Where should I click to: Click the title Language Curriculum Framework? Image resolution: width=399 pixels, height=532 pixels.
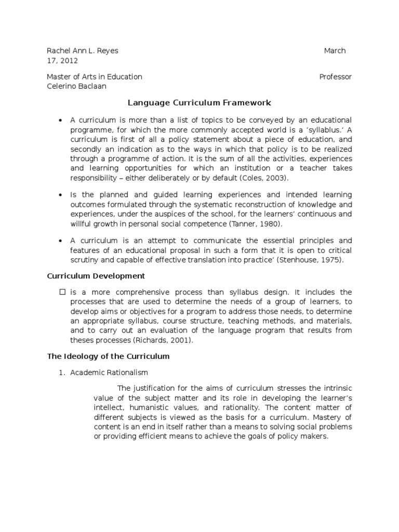point(199,103)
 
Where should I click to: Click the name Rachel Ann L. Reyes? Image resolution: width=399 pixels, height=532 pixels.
point(83,50)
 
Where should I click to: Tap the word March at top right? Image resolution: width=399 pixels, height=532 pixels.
point(335,50)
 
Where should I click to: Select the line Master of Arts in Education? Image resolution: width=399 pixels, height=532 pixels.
point(95,76)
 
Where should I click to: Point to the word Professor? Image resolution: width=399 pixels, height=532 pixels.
point(335,76)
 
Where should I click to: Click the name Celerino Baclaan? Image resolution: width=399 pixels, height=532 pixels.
point(76,86)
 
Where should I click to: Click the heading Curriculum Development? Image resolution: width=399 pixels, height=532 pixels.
point(96,276)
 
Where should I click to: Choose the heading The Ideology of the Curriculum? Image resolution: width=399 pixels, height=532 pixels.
point(108,356)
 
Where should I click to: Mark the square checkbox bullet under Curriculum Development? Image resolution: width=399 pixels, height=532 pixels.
point(62,292)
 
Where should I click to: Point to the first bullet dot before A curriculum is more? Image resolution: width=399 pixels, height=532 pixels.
point(61,120)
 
